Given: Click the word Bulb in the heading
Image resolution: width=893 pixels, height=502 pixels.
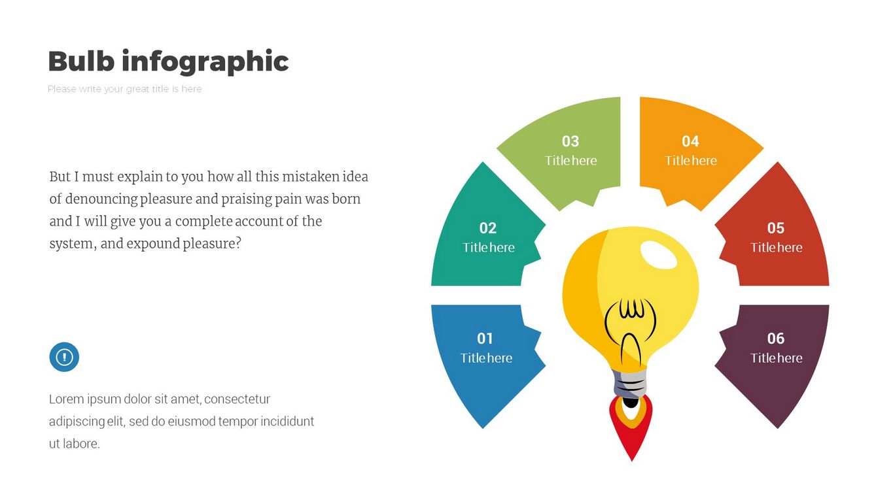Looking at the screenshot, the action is pyautogui.click(x=81, y=61).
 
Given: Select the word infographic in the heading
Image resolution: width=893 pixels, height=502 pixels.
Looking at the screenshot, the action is pyautogui.click(x=205, y=62).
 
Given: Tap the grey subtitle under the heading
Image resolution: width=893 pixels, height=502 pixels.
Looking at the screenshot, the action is pyautogui.click(x=124, y=89).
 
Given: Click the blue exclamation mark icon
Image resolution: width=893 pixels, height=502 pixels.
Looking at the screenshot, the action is pyautogui.click(x=64, y=357).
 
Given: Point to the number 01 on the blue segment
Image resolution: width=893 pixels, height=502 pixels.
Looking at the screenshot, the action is pyautogui.click(x=485, y=338).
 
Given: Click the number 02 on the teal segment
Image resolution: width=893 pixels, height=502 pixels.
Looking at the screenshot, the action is pyautogui.click(x=488, y=228).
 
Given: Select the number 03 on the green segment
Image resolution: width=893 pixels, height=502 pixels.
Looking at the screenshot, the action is pyautogui.click(x=570, y=141).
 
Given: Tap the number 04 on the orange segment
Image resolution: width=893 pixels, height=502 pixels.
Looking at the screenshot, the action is pyautogui.click(x=690, y=141).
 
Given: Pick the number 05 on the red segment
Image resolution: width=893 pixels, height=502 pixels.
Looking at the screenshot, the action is pyautogui.click(x=776, y=228).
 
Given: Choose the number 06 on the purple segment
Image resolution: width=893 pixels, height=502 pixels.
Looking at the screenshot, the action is pyautogui.click(x=776, y=338).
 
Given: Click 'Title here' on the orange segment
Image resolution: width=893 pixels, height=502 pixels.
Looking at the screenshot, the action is pyautogui.click(x=691, y=161).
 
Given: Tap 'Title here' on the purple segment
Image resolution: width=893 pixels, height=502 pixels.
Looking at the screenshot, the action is pyautogui.click(x=776, y=358).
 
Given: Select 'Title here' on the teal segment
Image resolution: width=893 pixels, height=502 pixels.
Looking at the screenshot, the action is pyautogui.click(x=488, y=248).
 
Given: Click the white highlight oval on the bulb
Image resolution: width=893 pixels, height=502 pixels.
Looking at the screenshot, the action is pyautogui.click(x=659, y=255).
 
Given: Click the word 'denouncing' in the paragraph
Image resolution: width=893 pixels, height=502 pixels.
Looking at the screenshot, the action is pyautogui.click(x=101, y=199).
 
